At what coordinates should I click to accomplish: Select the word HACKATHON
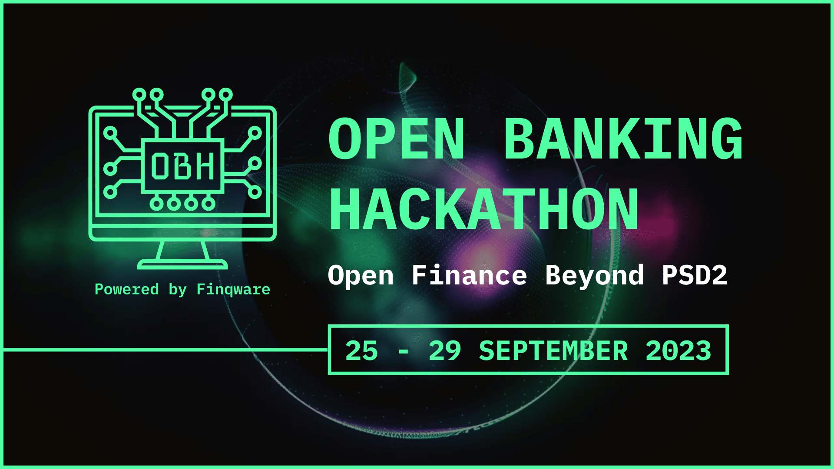click(x=484, y=209)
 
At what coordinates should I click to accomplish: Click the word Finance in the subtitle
click(x=469, y=275)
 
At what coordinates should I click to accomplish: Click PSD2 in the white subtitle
click(x=695, y=275)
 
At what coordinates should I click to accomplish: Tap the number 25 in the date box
click(x=361, y=351)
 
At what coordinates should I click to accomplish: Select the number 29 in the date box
click(x=445, y=351)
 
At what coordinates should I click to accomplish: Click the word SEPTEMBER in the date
click(x=553, y=351)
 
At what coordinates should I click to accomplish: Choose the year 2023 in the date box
click(x=678, y=351)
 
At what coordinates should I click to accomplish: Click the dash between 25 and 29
click(x=403, y=352)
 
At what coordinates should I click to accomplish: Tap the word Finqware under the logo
click(x=233, y=290)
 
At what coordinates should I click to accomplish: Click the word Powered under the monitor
click(x=127, y=289)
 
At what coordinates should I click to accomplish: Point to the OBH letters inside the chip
click(x=182, y=166)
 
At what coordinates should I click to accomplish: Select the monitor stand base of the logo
click(x=182, y=264)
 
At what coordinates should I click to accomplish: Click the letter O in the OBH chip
click(x=159, y=166)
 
